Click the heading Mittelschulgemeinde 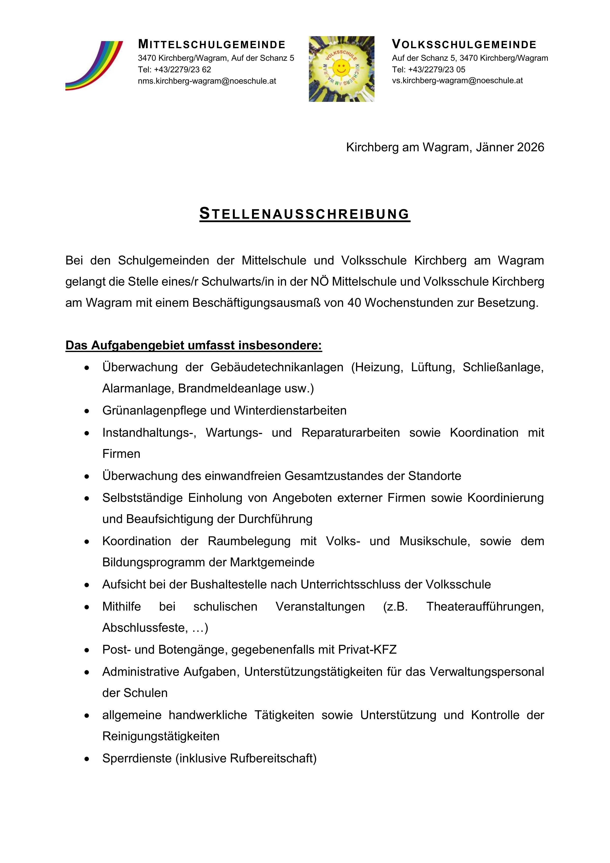click(x=212, y=45)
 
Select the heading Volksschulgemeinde click(x=464, y=45)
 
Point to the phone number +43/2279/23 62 click(x=182, y=70)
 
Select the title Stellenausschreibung click(x=305, y=214)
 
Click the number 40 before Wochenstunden click(x=354, y=303)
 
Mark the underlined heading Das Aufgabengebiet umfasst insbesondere click(x=193, y=345)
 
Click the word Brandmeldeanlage click(x=245, y=388)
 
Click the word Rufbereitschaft click(x=273, y=758)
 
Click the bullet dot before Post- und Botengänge click(x=87, y=650)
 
